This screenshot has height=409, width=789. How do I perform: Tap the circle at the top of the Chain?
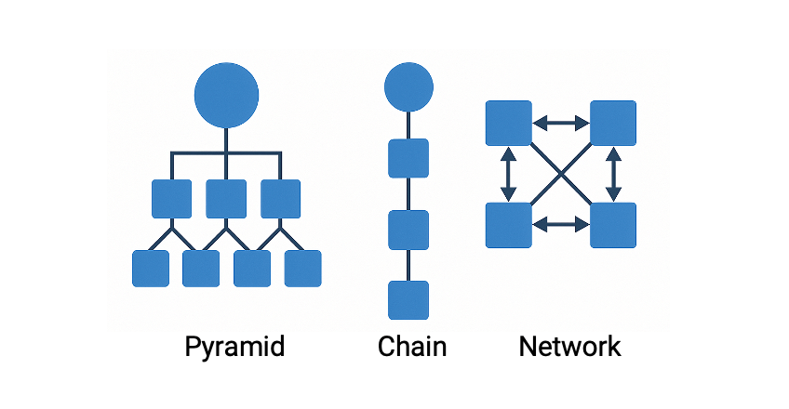[x=408, y=87]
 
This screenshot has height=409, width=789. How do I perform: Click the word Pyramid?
[x=234, y=348]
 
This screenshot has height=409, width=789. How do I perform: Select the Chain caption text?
[x=412, y=348]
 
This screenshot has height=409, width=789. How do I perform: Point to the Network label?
[x=569, y=348]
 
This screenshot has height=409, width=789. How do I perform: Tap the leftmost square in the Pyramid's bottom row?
[x=151, y=268]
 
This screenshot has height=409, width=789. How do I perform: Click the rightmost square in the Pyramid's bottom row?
[x=302, y=268]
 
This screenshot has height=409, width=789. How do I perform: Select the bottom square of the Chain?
[x=408, y=299]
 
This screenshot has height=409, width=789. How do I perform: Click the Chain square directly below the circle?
[x=408, y=158]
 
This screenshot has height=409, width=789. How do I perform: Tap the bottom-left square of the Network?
[x=508, y=224]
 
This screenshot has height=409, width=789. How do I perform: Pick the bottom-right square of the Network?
[x=613, y=224]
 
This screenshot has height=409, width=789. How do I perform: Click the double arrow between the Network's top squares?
[x=560, y=122]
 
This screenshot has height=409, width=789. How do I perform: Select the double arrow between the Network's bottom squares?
[x=560, y=224]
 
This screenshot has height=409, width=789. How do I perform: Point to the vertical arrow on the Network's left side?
[x=508, y=173]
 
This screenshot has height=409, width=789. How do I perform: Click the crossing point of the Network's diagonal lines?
[x=560, y=173]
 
